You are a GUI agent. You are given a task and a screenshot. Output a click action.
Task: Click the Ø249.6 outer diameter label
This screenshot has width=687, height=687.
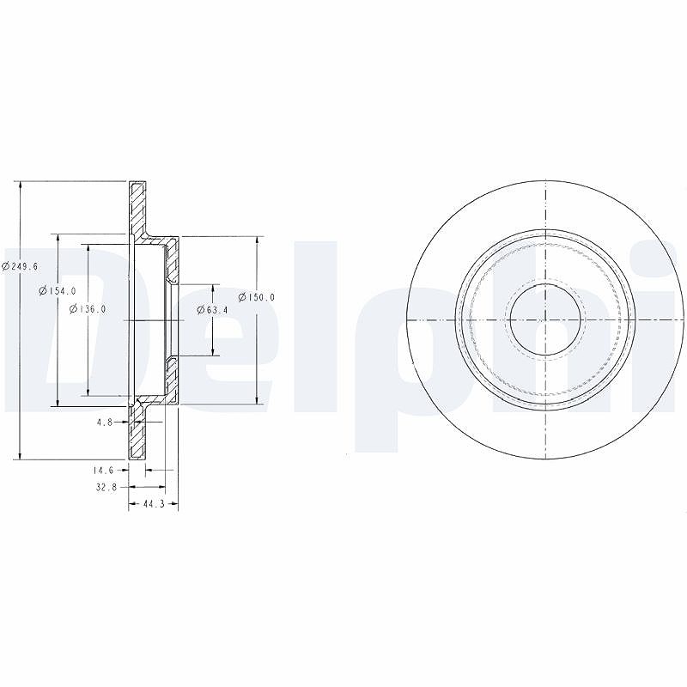point(20,266)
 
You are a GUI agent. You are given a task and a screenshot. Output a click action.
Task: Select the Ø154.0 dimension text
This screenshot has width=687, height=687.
point(58,290)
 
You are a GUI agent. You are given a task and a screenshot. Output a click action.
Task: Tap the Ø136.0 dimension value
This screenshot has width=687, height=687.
point(88,308)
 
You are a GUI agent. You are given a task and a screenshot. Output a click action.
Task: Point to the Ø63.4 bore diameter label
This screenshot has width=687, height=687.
point(212,310)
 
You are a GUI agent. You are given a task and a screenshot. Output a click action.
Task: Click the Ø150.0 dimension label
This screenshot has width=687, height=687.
point(256,297)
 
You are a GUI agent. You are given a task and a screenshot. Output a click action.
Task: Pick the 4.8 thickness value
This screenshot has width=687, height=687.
point(105,422)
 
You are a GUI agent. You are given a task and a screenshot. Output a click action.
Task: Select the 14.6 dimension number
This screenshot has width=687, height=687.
point(103,470)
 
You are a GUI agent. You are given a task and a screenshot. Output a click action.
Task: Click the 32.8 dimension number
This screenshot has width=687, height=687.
point(105,486)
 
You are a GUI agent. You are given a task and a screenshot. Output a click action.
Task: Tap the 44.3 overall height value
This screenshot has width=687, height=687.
point(154,504)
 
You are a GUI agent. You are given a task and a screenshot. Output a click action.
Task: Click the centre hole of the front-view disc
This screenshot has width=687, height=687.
point(545,319)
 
